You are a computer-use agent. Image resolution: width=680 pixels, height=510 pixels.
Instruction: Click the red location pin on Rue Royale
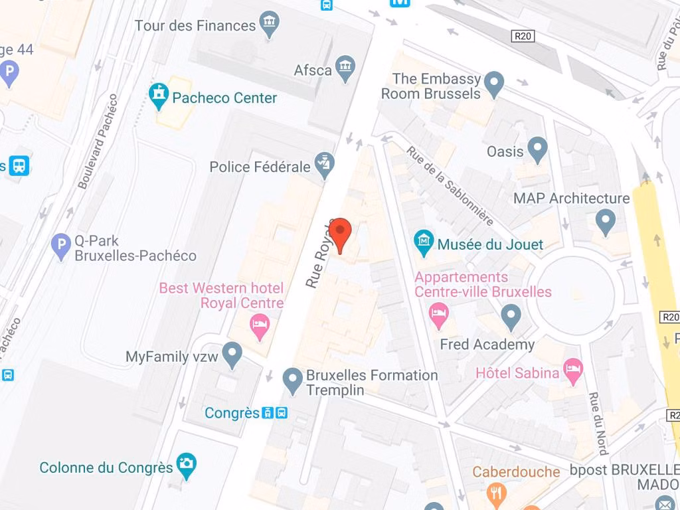(340, 232)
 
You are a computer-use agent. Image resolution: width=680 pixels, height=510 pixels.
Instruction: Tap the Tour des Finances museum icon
(270, 25)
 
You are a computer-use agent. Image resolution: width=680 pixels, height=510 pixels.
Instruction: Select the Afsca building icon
(345, 68)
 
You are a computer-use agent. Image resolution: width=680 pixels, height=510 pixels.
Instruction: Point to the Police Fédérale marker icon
(325, 166)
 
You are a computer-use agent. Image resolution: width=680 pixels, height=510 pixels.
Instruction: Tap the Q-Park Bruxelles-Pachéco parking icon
(61, 247)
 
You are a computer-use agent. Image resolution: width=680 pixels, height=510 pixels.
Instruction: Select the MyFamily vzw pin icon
(232, 355)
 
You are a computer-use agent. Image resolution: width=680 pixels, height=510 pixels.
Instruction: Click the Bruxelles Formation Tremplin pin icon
(293, 381)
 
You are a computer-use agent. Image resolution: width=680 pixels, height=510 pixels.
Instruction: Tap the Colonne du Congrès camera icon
(186, 466)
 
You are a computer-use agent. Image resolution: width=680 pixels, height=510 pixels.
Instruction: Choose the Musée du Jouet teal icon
(424, 243)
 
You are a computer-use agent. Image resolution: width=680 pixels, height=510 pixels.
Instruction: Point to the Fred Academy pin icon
(511, 317)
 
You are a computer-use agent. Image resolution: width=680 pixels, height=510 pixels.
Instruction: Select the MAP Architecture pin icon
(605, 221)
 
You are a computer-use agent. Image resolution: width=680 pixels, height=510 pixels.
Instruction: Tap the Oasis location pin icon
(537, 150)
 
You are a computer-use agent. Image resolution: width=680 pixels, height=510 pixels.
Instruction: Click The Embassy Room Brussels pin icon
(493, 84)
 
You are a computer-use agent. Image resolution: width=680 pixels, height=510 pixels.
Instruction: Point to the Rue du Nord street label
(598, 424)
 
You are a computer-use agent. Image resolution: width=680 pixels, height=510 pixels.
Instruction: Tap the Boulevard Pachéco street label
(98, 142)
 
